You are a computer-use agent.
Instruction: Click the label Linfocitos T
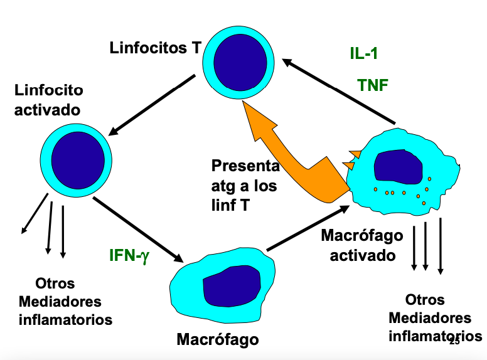155,48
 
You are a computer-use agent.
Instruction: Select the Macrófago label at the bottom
217,340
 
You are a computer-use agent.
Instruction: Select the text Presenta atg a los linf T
245,186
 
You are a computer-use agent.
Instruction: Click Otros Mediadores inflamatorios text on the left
65,301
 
